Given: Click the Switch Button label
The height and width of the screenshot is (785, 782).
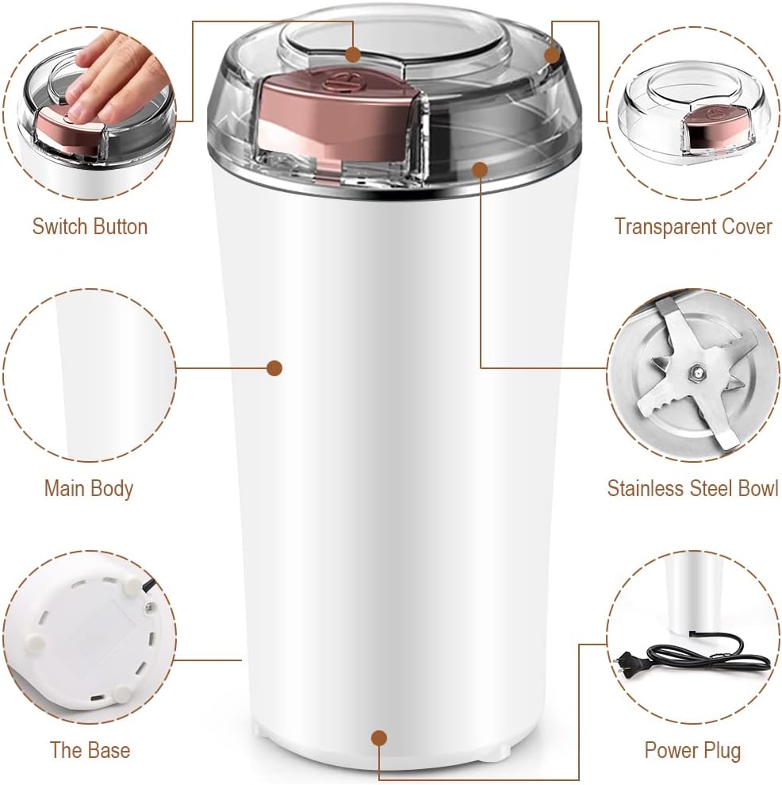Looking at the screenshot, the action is click(90, 226).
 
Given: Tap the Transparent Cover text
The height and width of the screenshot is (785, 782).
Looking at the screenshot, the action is click(693, 226).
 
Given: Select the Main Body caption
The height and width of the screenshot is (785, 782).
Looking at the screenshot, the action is click(89, 489).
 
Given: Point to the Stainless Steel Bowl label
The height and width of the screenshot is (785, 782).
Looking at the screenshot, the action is click(693, 488).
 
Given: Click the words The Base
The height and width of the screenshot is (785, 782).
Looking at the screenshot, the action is click(90, 750).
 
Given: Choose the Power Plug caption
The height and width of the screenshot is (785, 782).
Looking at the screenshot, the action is click(693, 750).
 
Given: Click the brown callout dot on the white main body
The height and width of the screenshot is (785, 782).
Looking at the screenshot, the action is click(274, 368).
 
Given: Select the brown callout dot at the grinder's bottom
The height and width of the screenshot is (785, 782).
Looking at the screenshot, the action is click(379, 738).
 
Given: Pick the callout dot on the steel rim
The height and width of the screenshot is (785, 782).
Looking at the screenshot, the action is click(479, 170).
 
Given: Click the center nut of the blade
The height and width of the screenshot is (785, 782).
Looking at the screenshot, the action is click(696, 371).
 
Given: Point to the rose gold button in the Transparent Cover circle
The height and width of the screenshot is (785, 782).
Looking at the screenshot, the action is click(705, 131).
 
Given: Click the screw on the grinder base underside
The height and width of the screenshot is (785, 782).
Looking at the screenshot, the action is click(148, 606).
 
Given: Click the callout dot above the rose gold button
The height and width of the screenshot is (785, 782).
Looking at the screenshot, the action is click(353, 54).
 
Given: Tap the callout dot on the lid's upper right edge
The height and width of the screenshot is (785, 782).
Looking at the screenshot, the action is click(551, 55).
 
